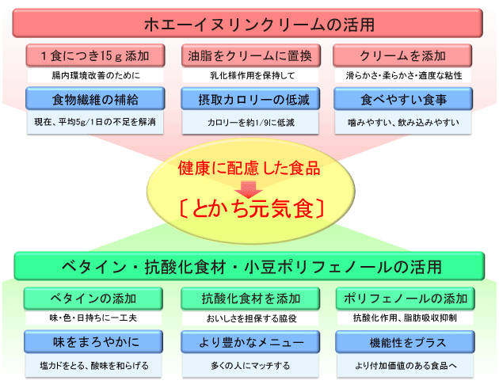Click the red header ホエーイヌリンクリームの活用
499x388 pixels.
[249, 22]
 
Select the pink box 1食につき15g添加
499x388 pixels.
[96, 56]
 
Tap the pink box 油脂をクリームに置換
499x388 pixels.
[249, 56]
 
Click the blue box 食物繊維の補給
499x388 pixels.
[96, 101]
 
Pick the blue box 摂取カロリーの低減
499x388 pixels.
[249, 101]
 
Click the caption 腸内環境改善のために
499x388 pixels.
[96, 76]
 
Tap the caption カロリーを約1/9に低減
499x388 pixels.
[249, 124]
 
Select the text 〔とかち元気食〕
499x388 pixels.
[249, 209]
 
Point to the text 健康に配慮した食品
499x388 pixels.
[249, 169]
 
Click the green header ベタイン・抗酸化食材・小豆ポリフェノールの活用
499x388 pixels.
[249, 265]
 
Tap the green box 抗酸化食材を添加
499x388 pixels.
[249, 299]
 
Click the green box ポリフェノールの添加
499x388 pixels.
[405, 299]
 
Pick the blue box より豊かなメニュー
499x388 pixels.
[249, 342]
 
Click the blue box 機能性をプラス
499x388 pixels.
[405, 342]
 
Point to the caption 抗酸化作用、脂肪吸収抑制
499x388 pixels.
[405, 318]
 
